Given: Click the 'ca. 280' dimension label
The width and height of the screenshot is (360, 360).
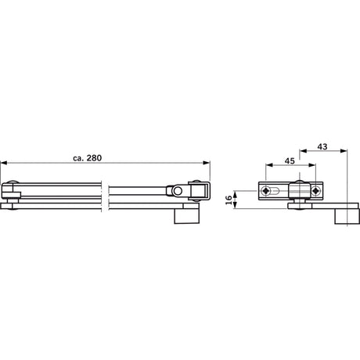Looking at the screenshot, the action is [x=87, y=158].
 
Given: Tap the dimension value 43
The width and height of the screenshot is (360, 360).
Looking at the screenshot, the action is [x=322, y=146].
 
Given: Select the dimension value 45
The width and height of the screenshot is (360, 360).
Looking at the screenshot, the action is [x=290, y=161].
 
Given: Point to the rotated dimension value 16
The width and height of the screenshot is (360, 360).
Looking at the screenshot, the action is [x=229, y=200].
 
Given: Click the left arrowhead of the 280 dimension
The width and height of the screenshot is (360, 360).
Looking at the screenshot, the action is [x=4, y=163].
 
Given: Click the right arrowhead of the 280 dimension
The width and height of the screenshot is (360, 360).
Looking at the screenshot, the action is [x=207, y=163].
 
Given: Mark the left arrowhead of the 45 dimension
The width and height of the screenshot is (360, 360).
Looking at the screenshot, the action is [x=269, y=165].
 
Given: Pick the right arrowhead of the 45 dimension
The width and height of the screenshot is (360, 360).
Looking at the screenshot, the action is [x=312, y=165].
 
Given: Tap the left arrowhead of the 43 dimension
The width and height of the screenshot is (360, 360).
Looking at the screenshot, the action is [x=303, y=150].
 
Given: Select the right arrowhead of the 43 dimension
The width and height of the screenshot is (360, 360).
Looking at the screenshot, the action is [x=344, y=150].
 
